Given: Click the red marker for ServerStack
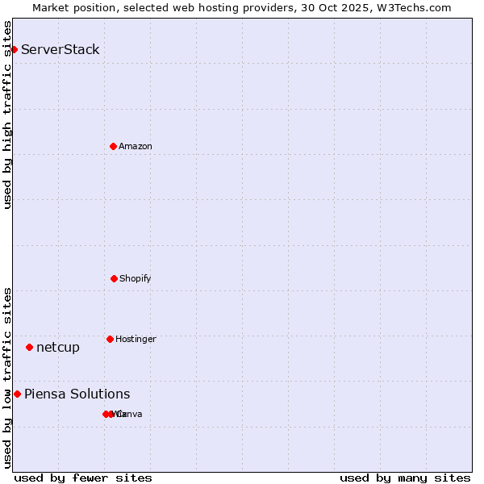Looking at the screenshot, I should click(x=14, y=49).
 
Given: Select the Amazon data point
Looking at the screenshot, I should click(x=113, y=146).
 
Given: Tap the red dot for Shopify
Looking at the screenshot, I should click(x=114, y=278).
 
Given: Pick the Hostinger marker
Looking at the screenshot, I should click(x=110, y=339).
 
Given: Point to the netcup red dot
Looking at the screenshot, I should click(x=29, y=347).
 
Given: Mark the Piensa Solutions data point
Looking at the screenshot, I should click(x=17, y=394).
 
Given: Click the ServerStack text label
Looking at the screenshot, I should click(x=60, y=49).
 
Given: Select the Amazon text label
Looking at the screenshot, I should click(x=136, y=146).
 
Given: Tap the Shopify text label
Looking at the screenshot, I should click(x=136, y=278).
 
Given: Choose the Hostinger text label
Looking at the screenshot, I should click(x=136, y=339).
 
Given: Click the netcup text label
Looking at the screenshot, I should click(x=58, y=347).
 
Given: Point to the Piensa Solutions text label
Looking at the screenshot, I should click(x=77, y=394).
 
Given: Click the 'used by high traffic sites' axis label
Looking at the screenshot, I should click(x=7, y=115).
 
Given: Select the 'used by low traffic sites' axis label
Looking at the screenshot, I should click(x=7, y=377).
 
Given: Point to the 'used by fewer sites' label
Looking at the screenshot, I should click(x=83, y=478).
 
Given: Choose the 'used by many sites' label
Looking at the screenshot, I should click(x=405, y=478).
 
